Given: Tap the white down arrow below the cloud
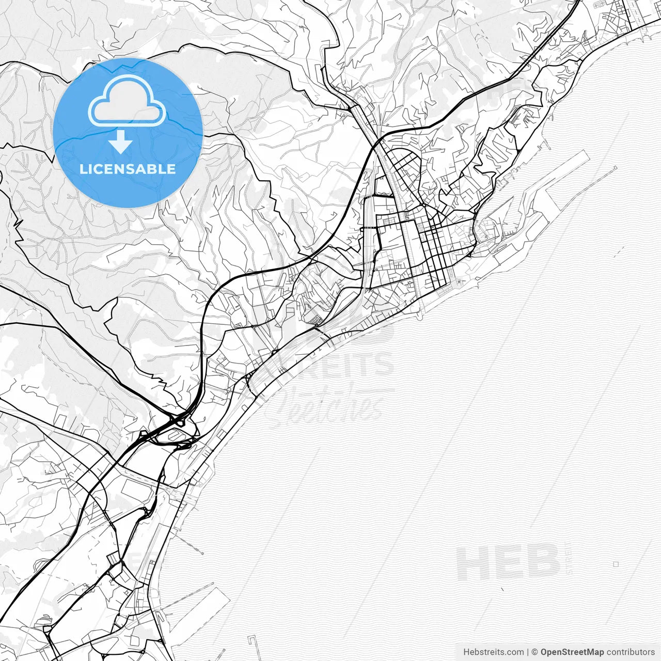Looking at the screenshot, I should (x=120, y=142).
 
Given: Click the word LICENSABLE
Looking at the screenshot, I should (x=128, y=169).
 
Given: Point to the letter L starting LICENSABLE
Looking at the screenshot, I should (x=83, y=169).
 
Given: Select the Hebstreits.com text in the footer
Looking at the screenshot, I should (x=493, y=652).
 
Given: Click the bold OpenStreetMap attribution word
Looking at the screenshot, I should (x=572, y=652).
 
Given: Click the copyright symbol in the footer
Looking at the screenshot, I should (x=535, y=652).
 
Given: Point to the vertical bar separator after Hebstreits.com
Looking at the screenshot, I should (x=527, y=652).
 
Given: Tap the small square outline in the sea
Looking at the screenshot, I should (x=616, y=564).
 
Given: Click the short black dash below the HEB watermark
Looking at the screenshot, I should (x=501, y=588).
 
